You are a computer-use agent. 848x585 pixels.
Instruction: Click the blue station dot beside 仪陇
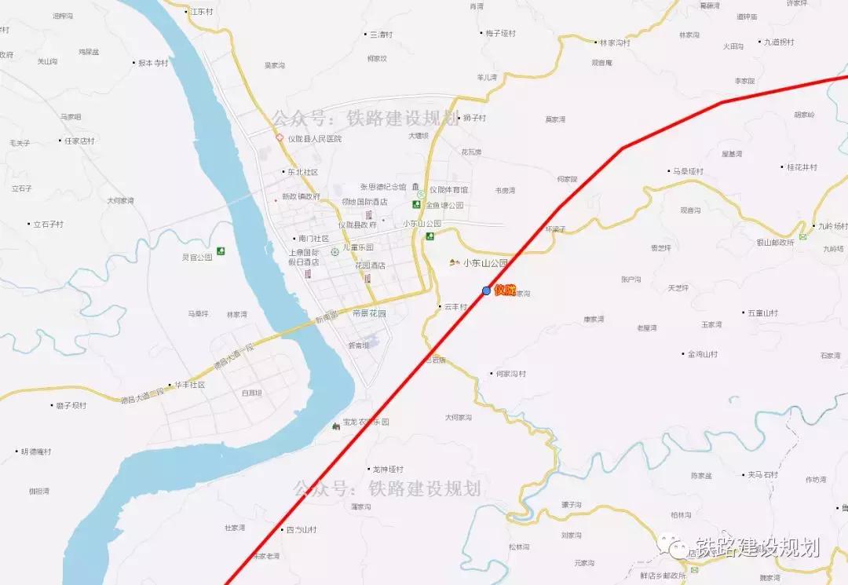click(487, 291)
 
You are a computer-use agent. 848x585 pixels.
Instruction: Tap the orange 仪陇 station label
click(505, 290)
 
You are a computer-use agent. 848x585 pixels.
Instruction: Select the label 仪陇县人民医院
click(315, 139)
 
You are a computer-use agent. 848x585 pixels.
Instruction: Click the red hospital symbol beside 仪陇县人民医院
click(279, 137)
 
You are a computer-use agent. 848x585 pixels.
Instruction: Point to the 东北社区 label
click(302, 172)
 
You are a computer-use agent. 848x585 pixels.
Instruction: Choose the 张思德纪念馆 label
click(383, 187)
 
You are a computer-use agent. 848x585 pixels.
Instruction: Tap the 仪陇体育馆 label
click(448, 190)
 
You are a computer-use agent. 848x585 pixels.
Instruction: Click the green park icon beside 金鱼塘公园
click(417, 204)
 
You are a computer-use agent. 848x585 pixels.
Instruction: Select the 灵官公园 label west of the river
click(197, 257)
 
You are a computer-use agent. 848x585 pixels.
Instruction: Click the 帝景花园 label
click(369, 313)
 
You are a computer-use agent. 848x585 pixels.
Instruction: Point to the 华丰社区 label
click(189, 385)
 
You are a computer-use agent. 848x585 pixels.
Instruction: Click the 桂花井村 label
click(802, 167)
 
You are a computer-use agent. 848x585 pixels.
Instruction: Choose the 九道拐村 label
click(779, 42)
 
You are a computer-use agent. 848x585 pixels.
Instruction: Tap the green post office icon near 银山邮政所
click(803, 236)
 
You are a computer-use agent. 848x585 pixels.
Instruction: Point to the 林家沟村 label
click(615, 43)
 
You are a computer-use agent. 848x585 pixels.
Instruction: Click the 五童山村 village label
click(762, 313)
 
